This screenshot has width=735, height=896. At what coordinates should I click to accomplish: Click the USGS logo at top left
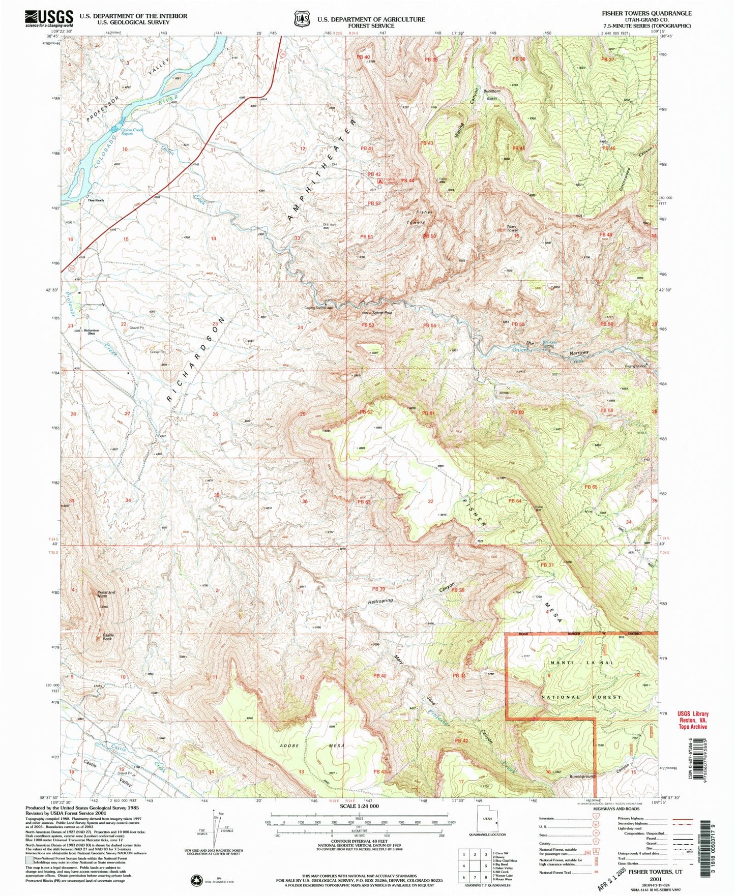coord(48,19)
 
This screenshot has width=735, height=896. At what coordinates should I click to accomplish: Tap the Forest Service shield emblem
coord(302,19)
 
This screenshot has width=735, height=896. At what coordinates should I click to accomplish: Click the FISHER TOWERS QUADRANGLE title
coord(646,13)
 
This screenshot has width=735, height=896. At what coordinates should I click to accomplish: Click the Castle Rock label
coord(108,637)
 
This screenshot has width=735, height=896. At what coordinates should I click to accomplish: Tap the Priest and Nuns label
coord(106,594)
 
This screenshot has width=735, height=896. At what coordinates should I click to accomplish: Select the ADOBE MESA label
coord(312,746)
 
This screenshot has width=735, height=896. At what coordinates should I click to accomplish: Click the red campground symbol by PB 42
coord(379,181)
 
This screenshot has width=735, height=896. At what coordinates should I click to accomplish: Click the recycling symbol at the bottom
coord(195,879)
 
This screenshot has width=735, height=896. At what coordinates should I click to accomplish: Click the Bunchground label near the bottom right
coord(582,776)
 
